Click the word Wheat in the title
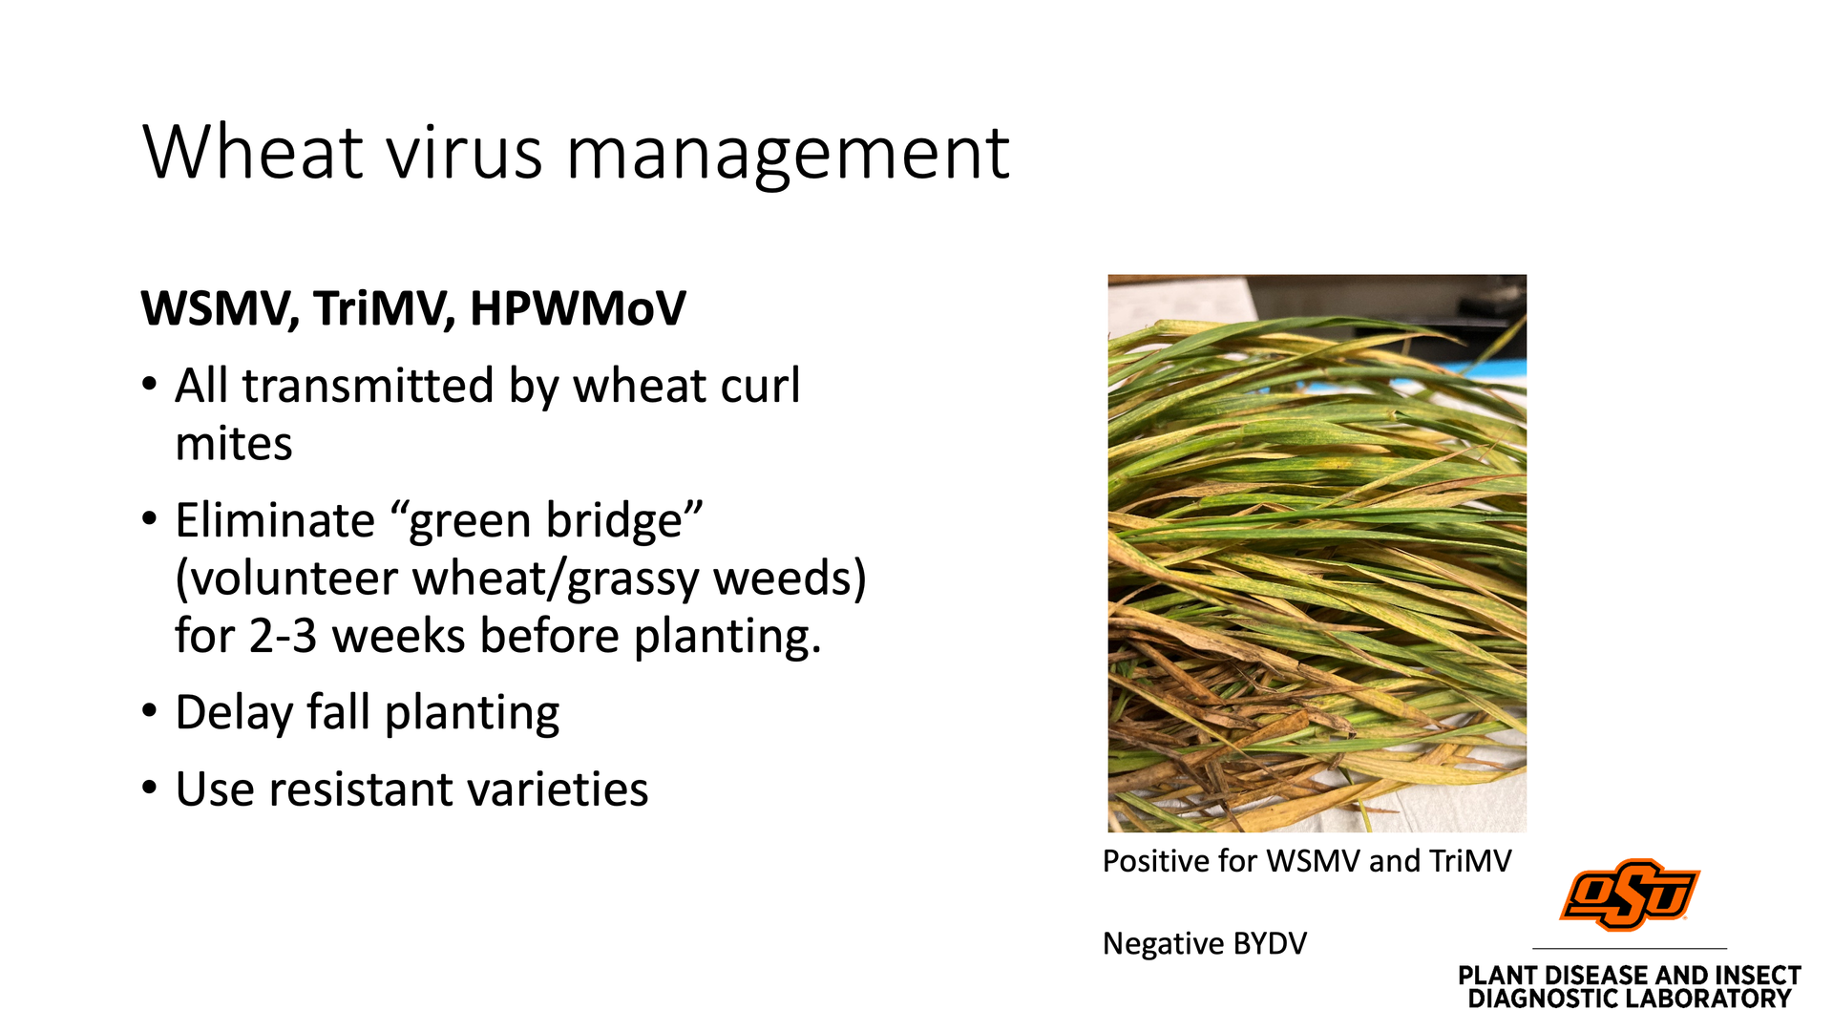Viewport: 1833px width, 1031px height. coord(253,153)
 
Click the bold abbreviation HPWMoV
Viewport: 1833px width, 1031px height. coord(578,308)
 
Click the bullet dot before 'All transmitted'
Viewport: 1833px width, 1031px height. coord(149,384)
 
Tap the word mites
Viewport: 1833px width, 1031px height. coord(234,444)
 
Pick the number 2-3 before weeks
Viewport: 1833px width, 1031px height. coord(283,637)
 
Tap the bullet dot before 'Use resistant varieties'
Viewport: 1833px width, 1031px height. coord(149,788)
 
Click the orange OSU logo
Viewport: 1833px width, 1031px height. coord(1629,894)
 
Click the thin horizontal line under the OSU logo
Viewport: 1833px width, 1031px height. coord(1630,948)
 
